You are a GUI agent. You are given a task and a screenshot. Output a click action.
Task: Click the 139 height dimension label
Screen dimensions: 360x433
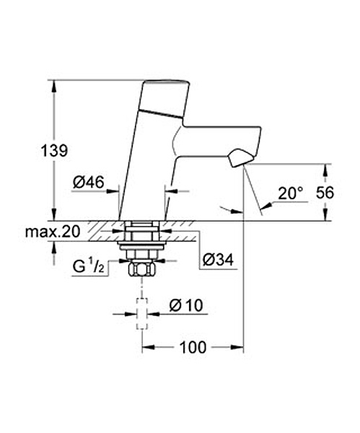(54, 151)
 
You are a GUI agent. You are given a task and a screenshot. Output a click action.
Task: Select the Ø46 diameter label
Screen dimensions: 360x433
(89, 183)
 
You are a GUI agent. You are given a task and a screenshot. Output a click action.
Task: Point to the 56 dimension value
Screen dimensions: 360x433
(325, 193)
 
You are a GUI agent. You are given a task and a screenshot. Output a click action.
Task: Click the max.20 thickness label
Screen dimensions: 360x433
(53, 232)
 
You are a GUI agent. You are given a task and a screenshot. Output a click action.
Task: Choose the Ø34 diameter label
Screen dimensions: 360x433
(218, 260)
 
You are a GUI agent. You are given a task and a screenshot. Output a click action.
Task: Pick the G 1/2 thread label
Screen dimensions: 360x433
(89, 266)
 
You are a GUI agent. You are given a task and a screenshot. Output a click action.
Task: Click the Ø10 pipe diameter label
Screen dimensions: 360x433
(186, 305)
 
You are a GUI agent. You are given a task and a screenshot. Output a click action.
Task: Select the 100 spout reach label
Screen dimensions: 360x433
(193, 347)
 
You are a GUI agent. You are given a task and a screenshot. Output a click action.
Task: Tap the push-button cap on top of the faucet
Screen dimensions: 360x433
(166, 100)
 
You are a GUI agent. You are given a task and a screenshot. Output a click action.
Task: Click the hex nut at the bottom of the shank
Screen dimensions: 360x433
(141, 269)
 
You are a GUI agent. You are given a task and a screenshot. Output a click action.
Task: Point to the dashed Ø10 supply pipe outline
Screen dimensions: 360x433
(142, 314)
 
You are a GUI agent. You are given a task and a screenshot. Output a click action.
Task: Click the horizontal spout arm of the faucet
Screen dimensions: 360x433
(218, 141)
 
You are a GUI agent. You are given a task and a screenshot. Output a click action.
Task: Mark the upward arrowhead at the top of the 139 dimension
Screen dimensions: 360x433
(54, 86)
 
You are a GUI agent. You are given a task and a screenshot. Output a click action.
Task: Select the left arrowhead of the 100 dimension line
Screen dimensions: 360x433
(148, 347)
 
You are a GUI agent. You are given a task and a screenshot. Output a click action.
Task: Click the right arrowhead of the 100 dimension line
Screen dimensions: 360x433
(237, 347)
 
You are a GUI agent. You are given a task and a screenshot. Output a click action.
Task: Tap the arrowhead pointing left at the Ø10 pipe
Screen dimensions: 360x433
(154, 314)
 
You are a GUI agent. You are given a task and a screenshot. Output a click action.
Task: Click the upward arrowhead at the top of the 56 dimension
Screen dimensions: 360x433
(326, 170)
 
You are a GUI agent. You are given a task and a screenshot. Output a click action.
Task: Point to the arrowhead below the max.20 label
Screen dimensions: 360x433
(54, 247)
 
